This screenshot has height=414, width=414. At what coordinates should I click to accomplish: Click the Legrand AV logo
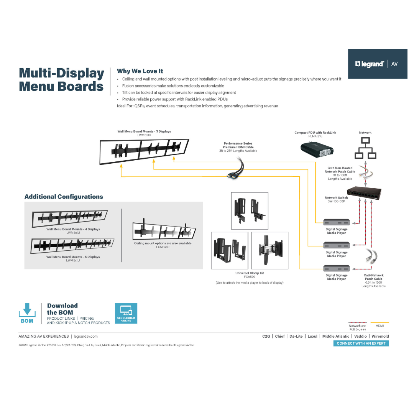tap(377, 64)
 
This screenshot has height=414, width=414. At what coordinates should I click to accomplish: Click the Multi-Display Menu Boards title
tap(61, 80)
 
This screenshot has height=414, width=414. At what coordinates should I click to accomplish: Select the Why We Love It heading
tap(140, 71)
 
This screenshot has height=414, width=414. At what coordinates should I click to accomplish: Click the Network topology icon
tap(365, 148)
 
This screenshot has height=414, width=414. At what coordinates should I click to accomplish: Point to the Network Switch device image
tap(364, 192)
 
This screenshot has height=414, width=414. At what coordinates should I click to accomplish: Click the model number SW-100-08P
tap(336, 201)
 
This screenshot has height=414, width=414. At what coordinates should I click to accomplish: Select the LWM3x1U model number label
tap(144, 135)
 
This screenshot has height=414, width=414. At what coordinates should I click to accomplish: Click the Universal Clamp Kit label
tap(249, 273)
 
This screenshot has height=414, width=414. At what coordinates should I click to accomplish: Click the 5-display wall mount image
tap(72, 246)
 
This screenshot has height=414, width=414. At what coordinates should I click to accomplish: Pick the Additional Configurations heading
tap(64, 197)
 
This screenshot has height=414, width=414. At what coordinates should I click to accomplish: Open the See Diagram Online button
tap(126, 313)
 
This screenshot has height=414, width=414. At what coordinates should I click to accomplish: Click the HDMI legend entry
tap(379, 325)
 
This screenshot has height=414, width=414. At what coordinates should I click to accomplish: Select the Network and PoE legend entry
tap(357, 327)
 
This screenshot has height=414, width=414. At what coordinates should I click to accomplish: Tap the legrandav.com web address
tap(85, 336)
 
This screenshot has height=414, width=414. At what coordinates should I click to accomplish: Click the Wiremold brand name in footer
tap(380, 336)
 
